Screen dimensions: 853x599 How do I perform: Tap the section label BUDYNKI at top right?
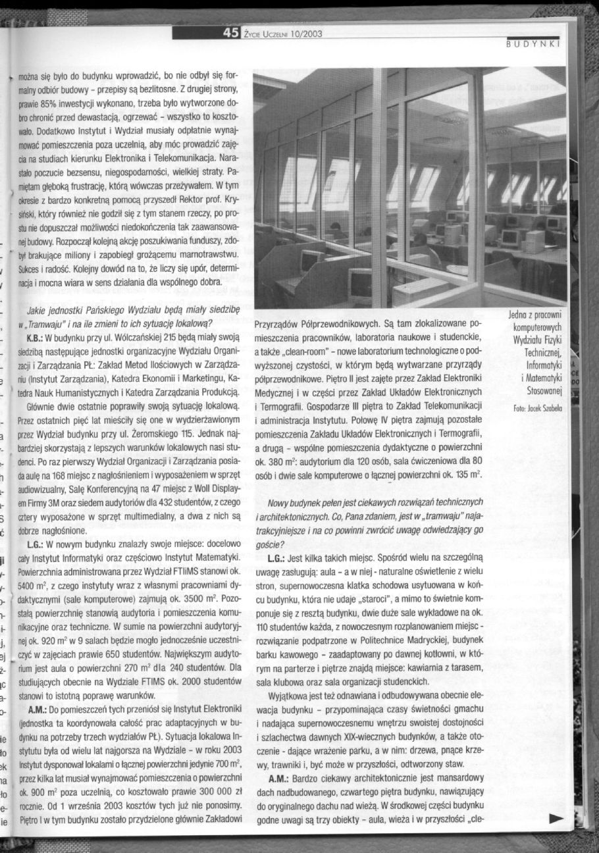533,45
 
